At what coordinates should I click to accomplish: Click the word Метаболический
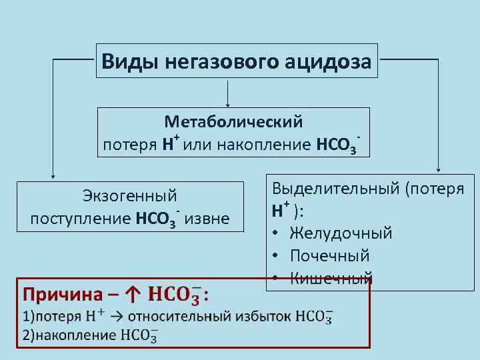click(233, 123)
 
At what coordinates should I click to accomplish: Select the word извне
click(207, 218)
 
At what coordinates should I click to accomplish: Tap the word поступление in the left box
click(81, 218)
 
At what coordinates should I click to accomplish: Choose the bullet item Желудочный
click(340, 233)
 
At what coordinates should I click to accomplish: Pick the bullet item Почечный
click(330, 256)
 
